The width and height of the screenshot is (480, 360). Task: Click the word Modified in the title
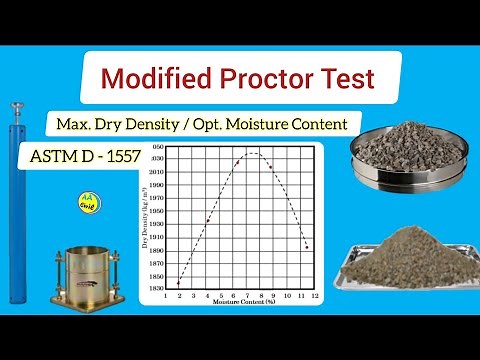click(x=148, y=77)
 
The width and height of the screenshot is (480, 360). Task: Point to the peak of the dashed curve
click(x=252, y=153)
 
